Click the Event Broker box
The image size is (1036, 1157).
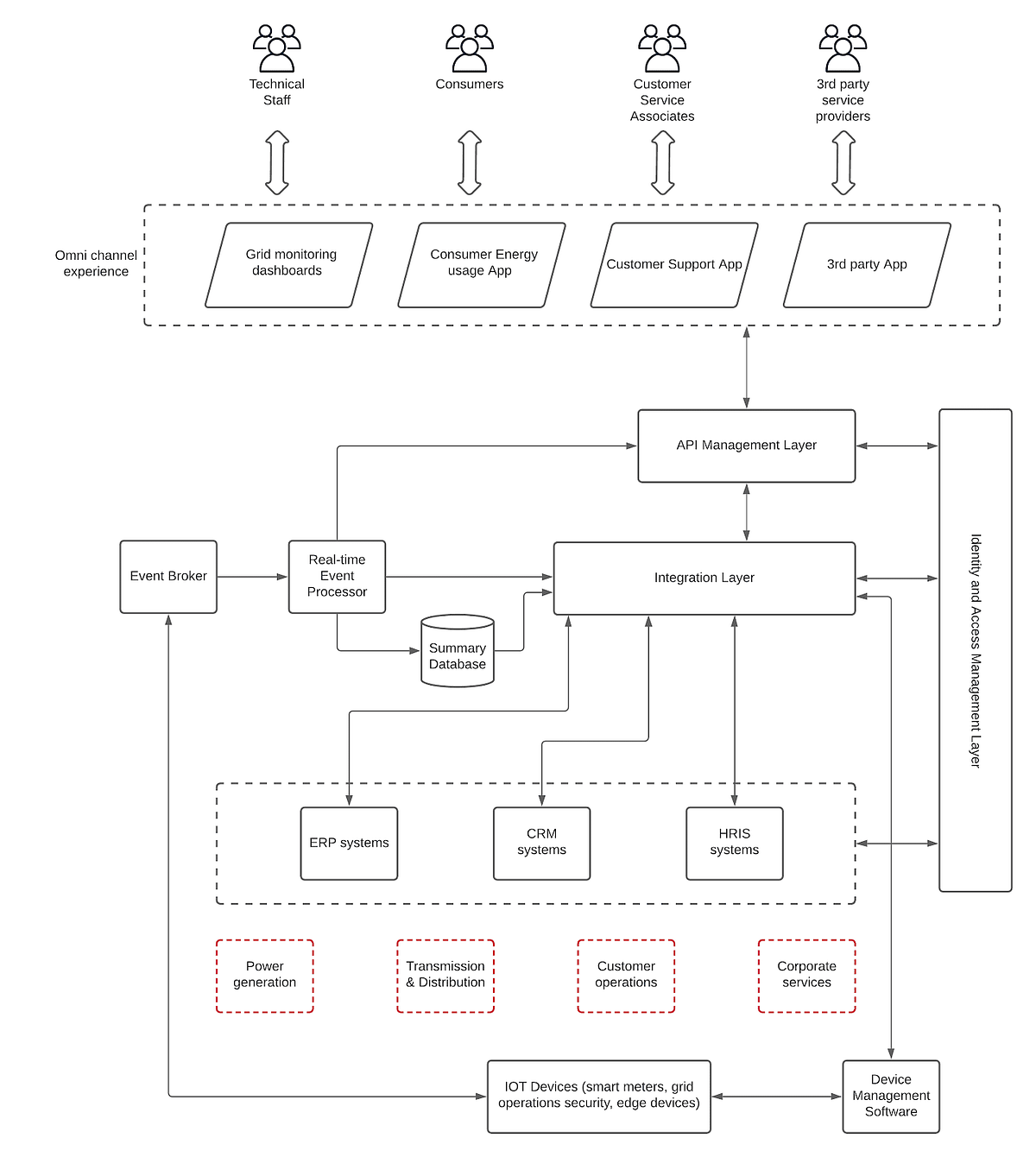click(x=168, y=577)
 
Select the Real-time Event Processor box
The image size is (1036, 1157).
click(x=337, y=577)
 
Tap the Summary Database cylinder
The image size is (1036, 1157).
click(x=458, y=652)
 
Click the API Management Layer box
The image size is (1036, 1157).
click(x=747, y=446)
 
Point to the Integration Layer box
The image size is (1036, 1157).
click(x=704, y=578)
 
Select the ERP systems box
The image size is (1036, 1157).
click(x=349, y=844)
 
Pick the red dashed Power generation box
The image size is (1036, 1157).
click(x=264, y=976)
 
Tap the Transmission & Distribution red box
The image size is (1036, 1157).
click(x=445, y=976)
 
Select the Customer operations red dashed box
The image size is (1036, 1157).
click(x=626, y=976)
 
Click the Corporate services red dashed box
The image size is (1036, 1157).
click(x=806, y=976)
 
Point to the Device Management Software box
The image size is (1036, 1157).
click(x=891, y=1097)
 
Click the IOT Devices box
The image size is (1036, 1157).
click(x=599, y=1097)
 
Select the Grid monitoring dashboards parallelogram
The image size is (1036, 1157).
click(x=289, y=265)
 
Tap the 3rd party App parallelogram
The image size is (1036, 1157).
click(x=867, y=265)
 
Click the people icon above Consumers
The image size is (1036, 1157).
click(x=470, y=48)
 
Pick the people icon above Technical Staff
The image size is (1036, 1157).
click(x=276, y=48)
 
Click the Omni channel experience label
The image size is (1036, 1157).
click(x=96, y=263)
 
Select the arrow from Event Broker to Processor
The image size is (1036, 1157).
click(x=252, y=577)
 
